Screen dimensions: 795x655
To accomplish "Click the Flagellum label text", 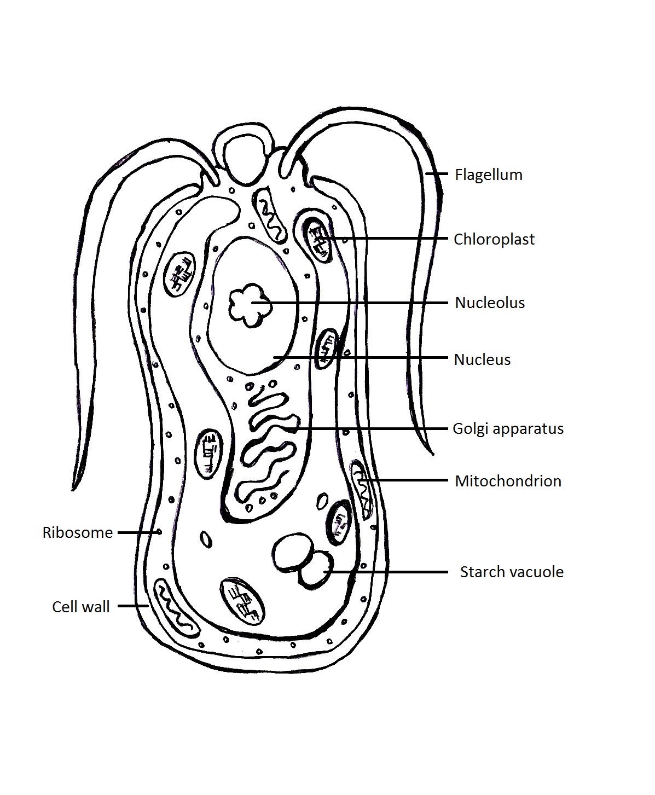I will click(x=488, y=175).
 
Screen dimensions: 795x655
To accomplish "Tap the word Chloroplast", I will click(x=494, y=239).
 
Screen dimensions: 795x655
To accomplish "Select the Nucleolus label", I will click(x=490, y=303).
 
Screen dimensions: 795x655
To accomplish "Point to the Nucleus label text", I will click(x=482, y=359).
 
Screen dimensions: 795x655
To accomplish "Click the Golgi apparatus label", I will click(x=508, y=428).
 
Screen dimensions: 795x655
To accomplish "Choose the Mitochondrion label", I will click(x=508, y=481).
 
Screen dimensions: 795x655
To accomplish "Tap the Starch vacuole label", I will click(x=511, y=572).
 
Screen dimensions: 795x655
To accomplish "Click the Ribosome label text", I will click(x=77, y=532).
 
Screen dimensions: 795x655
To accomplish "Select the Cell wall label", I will click(x=80, y=607).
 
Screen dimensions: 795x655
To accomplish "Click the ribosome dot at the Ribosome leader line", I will click(x=159, y=531).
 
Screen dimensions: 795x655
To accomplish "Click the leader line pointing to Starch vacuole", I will click(x=389, y=572).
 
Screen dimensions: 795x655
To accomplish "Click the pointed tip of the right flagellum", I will click(x=432, y=454).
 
